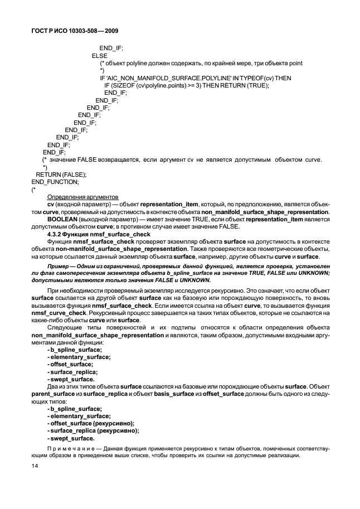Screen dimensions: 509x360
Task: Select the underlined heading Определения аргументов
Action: [82, 197]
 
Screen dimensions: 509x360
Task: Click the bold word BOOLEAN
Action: [64, 220]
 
